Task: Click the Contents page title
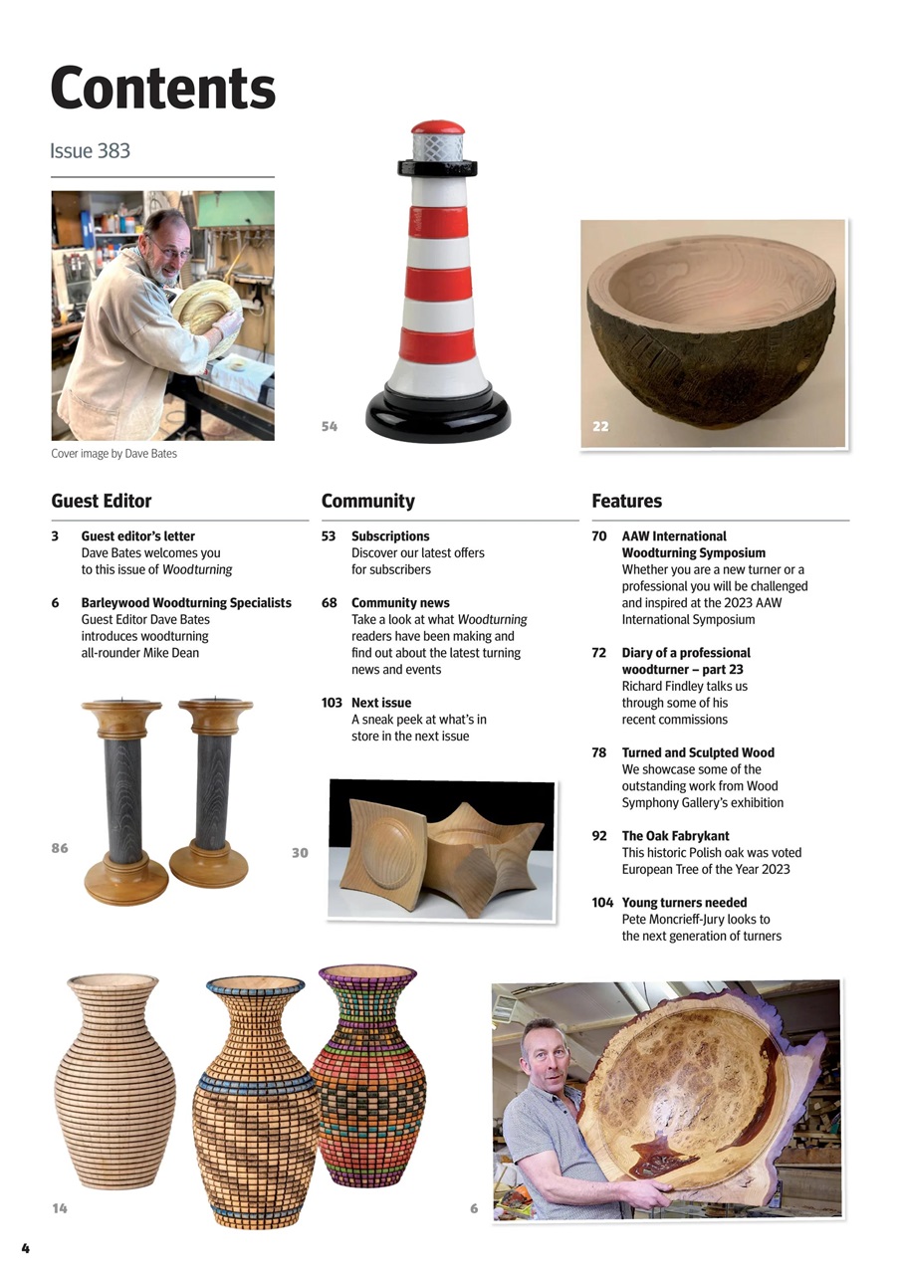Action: coord(162,89)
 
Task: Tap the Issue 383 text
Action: coord(90,151)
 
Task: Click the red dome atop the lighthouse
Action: coord(438,127)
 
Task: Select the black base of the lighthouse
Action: coord(438,415)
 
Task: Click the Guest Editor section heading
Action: coord(102,501)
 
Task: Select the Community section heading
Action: coord(367,501)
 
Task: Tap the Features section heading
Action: coord(626,501)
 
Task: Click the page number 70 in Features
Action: coord(599,536)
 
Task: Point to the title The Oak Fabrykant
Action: coord(674,836)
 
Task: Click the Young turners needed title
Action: coord(684,903)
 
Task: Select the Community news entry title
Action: coord(400,603)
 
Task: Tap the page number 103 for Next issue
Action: coord(333,703)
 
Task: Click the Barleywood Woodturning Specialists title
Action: coord(186,603)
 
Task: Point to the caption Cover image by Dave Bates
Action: coord(113,454)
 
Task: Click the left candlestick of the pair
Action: coord(123,796)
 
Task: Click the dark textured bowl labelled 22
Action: coord(711,328)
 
